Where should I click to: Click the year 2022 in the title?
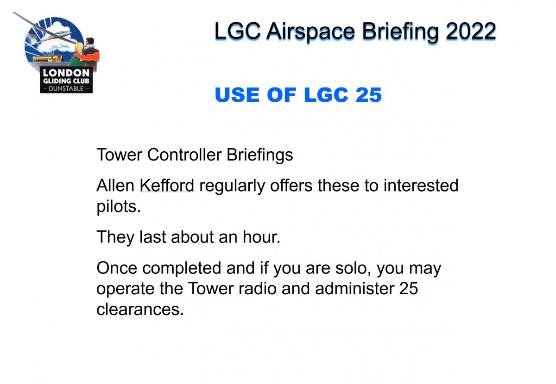pyautogui.click(x=471, y=31)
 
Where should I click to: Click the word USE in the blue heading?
pyautogui.click(x=238, y=95)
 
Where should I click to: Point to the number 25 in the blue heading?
pyautogui.click(x=369, y=95)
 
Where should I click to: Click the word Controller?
pyautogui.click(x=184, y=155)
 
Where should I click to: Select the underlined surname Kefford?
pyautogui.click(x=167, y=186)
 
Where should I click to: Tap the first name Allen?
pyautogui.click(x=115, y=186)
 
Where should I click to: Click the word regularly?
pyautogui.click(x=232, y=186)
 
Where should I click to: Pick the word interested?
pyautogui.click(x=421, y=186)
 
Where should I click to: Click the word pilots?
pyautogui.click(x=119, y=207)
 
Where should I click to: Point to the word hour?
pyautogui.click(x=261, y=237)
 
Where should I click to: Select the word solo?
pyautogui.click(x=353, y=268)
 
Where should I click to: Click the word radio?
pyautogui.click(x=258, y=289)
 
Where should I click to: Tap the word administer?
pyautogui.click(x=354, y=289)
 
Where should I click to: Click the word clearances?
pyautogui.click(x=140, y=310)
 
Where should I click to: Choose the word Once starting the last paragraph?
pyautogui.click(x=117, y=268)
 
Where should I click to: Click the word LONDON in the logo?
pyautogui.click(x=66, y=73)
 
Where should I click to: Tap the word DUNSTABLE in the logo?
pyautogui.click(x=66, y=88)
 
